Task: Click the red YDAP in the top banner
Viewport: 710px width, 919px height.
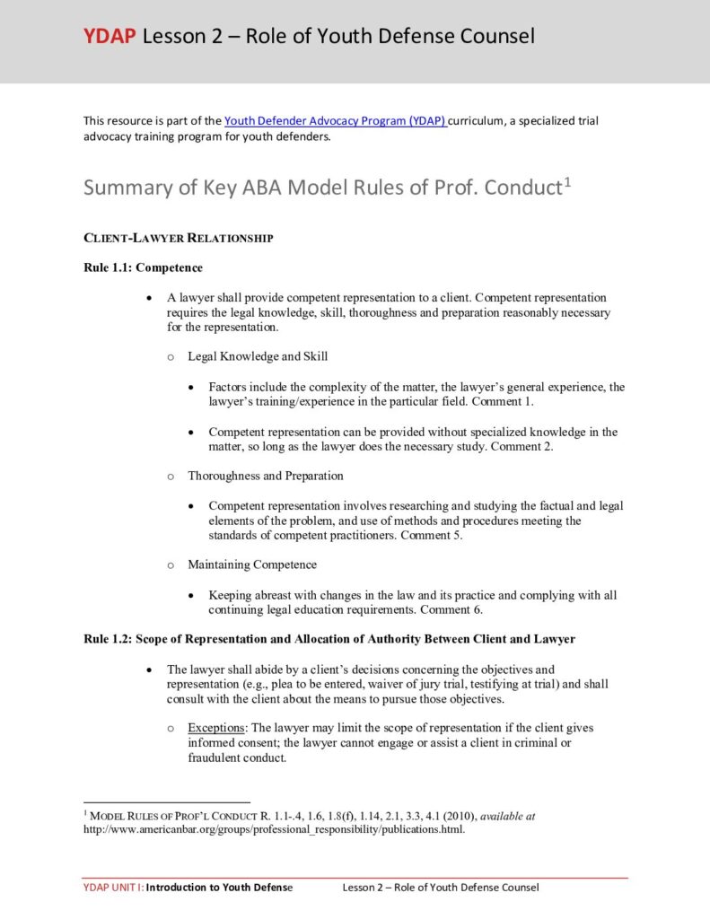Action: pyautogui.click(x=110, y=36)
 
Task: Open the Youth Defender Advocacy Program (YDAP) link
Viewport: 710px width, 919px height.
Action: pyautogui.click(x=335, y=120)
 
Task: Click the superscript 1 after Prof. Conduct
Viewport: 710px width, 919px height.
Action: pyautogui.click(x=566, y=182)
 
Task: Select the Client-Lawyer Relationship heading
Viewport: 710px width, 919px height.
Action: pyautogui.click(x=178, y=239)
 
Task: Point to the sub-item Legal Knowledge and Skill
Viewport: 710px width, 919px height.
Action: pyautogui.click(x=257, y=356)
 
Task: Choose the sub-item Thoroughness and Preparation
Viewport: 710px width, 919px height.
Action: pyautogui.click(x=265, y=476)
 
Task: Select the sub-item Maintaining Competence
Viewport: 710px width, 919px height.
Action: pyautogui.click(x=251, y=565)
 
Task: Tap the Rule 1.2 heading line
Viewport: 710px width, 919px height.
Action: pyautogui.click(x=329, y=639)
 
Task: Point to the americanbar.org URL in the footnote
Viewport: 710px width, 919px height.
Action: pyautogui.click(x=274, y=829)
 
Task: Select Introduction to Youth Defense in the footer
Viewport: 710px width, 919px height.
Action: pyautogui.click(x=219, y=888)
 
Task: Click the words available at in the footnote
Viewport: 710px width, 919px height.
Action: pyautogui.click(x=508, y=817)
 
